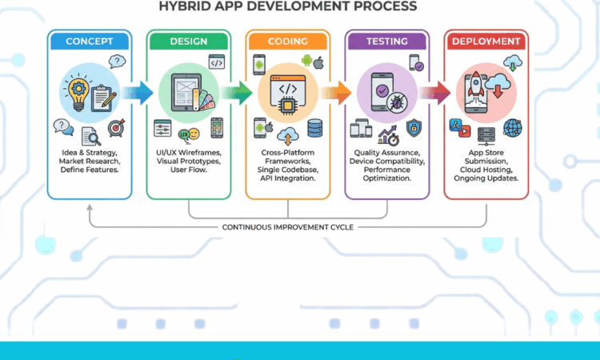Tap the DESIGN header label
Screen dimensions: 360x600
click(x=190, y=41)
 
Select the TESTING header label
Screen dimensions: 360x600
click(x=387, y=41)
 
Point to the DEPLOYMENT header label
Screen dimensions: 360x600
click(x=486, y=41)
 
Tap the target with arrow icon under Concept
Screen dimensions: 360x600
click(x=117, y=128)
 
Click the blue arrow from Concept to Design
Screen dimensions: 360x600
click(x=137, y=93)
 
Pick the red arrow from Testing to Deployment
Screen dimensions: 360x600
click(x=434, y=93)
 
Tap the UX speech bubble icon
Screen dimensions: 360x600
click(x=186, y=134)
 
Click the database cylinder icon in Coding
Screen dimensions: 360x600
click(x=314, y=127)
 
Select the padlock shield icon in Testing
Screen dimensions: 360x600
click(x=414, y=127)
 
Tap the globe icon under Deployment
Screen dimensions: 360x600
click(x=512, y=128)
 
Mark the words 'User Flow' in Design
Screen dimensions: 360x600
click(x=190, y=170)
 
